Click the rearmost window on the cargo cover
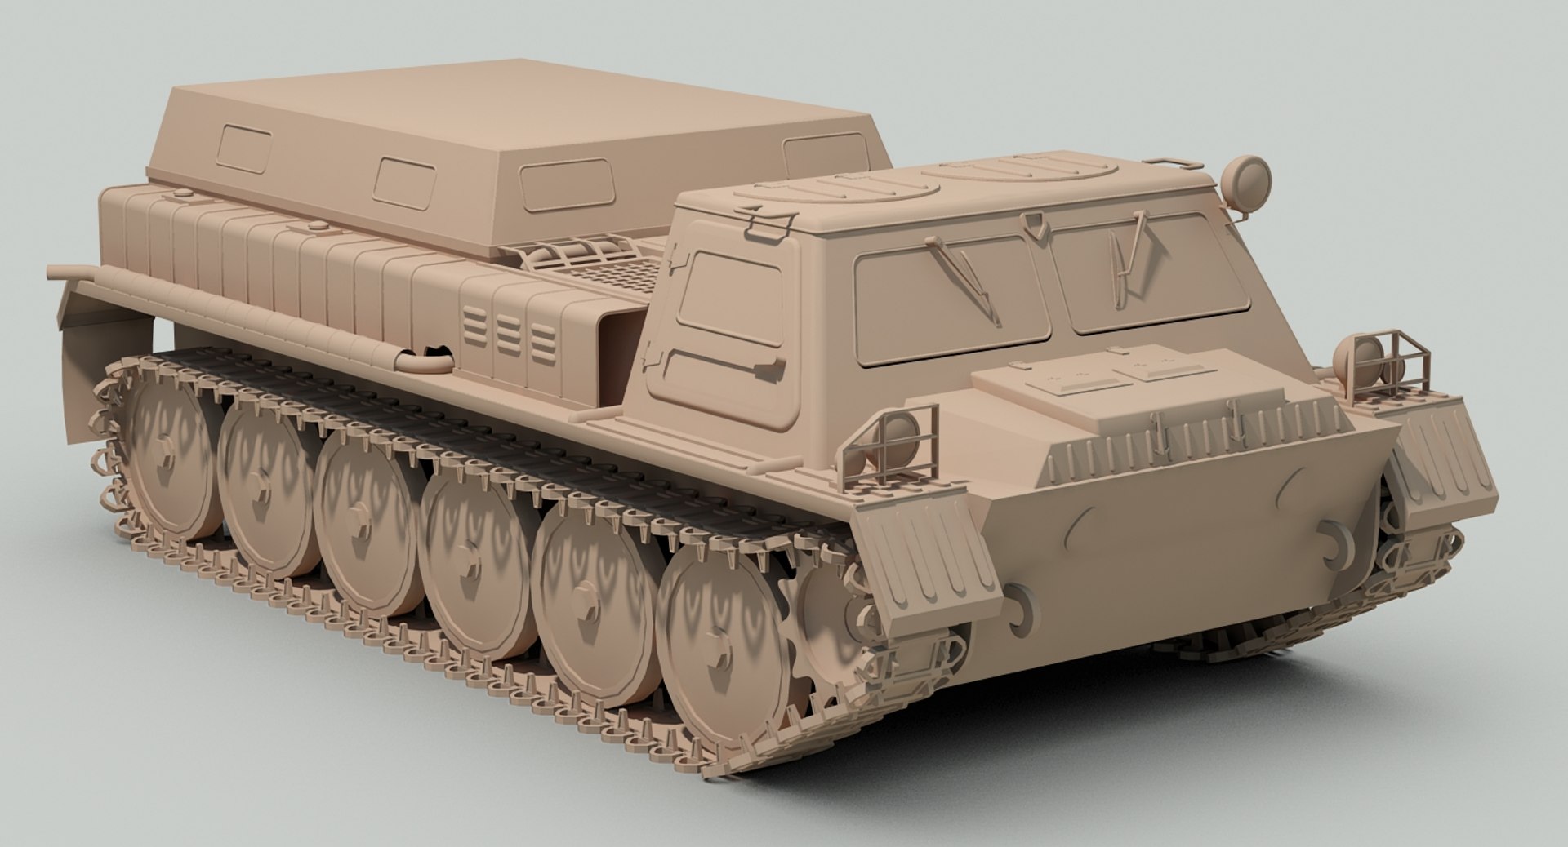click(243, 148)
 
